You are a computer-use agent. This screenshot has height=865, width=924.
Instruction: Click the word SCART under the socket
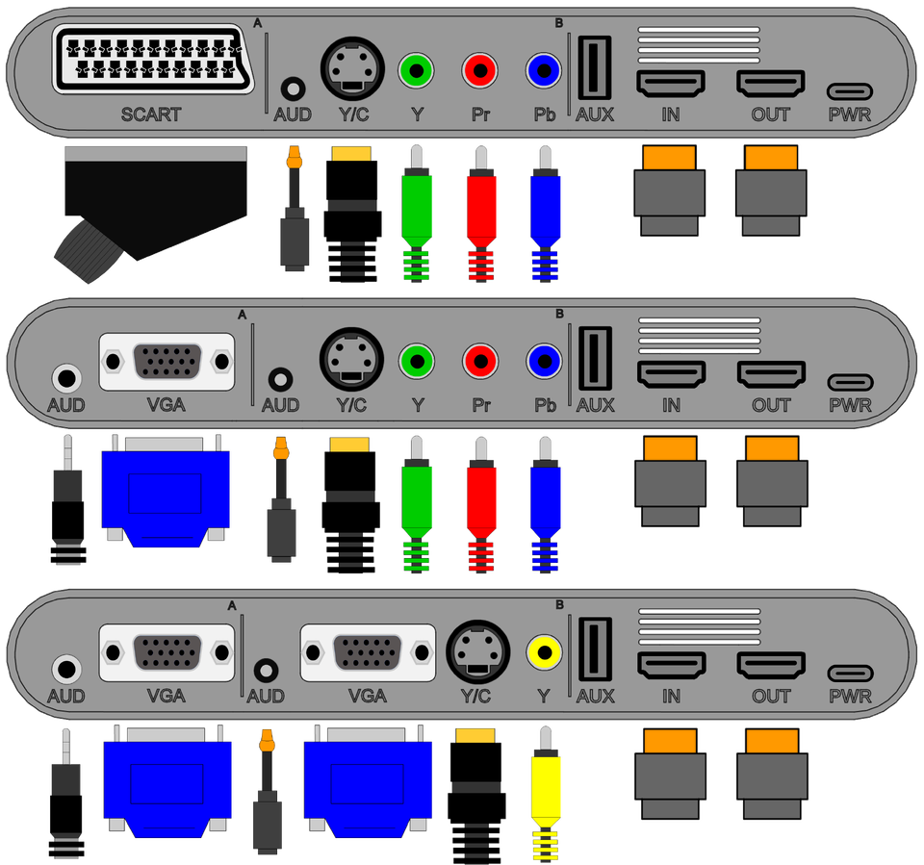(x=150, y=114)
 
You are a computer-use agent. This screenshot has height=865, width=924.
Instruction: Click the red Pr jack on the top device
(x=479, y=70)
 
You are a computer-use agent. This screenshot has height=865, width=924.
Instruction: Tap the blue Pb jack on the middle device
(x=544, y=362)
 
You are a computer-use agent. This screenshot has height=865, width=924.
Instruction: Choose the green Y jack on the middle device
(x=417, y=362)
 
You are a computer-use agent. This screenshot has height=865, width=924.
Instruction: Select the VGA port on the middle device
(x=167, y=362)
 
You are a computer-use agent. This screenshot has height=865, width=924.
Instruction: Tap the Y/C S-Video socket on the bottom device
(x=475, y=653)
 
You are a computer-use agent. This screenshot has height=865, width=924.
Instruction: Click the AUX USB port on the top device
(x=594, y=68)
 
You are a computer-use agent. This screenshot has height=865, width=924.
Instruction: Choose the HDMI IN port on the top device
(x=671, y=84)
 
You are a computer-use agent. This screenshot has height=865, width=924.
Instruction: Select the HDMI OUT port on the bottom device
(x=771, y=665)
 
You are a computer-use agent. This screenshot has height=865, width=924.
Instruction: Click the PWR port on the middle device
(x=850, y=382)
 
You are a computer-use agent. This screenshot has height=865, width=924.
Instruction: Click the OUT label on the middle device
(x=771, y=405)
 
